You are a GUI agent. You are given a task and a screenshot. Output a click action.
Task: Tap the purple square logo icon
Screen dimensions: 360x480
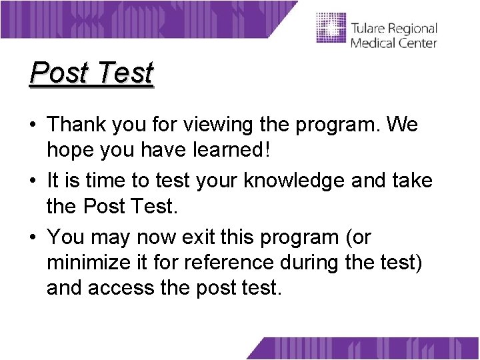(331, 28)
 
